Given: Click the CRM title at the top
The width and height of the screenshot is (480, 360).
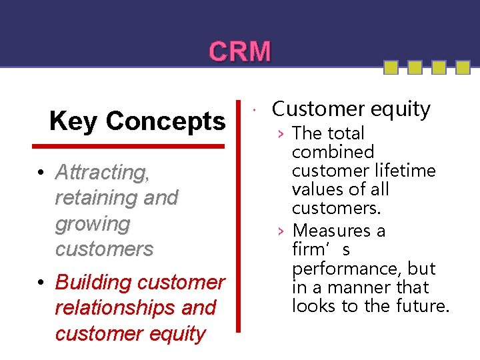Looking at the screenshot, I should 240,51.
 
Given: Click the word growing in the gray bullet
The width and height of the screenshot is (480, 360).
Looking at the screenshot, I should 93,224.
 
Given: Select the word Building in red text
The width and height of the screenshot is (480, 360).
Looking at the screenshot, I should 94,282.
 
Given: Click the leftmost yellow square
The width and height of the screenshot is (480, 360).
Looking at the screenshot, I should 391,67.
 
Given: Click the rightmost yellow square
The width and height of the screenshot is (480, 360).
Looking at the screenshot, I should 458,67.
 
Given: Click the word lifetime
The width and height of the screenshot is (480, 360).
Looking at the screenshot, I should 405,171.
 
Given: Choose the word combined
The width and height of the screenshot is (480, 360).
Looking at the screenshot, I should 333,152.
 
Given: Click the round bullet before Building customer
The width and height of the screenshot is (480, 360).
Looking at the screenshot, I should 41,283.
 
